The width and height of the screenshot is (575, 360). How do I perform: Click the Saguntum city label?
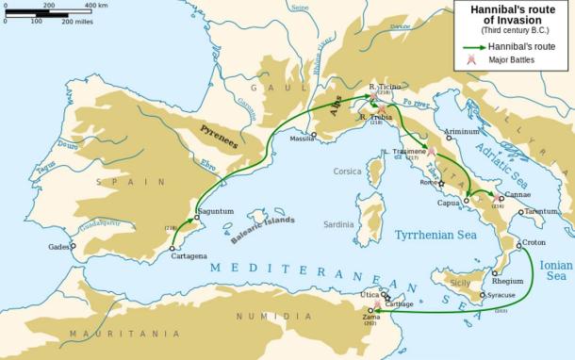pyautogui.click(x=215, y=212)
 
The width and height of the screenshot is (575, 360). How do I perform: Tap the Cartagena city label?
pyautogui.click(x=189, y=256)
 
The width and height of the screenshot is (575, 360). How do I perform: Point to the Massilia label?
pyautogui.click(x=302, y=138)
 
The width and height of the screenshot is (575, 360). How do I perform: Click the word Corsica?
pyautogui.click(x=348, y=172)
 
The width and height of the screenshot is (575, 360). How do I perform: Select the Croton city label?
pyautogui.click(x=534, y=242)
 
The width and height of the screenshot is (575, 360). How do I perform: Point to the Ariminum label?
pyautogui.click(x=462, y=132)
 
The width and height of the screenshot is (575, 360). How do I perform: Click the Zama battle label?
pyautogui.click(x=371, y=317)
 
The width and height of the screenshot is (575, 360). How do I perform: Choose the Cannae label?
pyautogui.click(x=517, y=194)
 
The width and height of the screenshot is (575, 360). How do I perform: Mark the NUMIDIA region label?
pyautogui.click(x=262, y=317)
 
